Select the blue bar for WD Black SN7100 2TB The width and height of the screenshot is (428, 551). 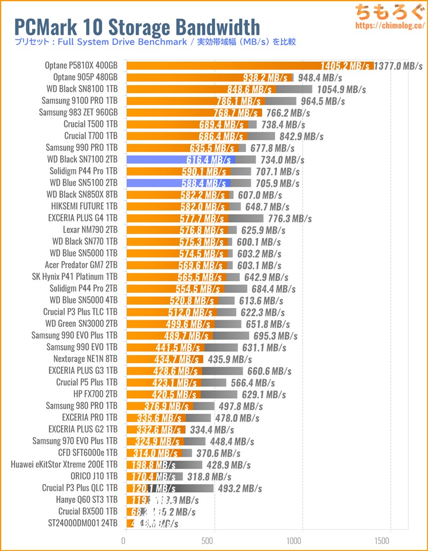click(180, 160)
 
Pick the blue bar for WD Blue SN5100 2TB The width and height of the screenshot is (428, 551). click(179, 183)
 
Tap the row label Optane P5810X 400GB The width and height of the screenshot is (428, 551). click(81, 66)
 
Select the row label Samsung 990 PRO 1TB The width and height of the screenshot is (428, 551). click(81, 148)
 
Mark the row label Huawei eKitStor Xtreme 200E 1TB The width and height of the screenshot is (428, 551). click(64, 464)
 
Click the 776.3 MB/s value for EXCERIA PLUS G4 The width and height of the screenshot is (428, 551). click(289, 218)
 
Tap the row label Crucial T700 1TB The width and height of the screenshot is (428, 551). click(90, 136)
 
